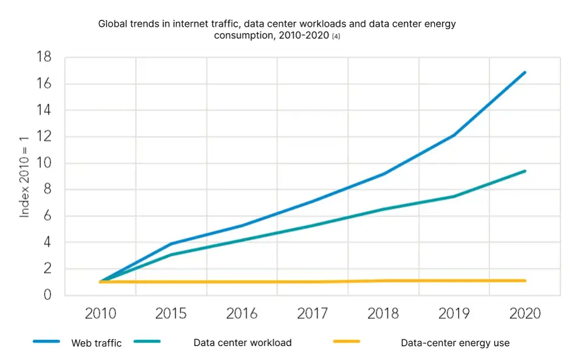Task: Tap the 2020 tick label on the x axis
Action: click(x=525, y=314)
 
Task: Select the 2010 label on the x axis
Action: click(x=100, y=314)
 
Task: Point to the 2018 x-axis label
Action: click(x=383, y=314)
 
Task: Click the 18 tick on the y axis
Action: click(x=44, y=58)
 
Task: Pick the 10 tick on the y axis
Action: click(x=44, y=163)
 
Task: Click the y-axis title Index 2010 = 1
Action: click(x=24, y=177)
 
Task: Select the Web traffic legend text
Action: click(x=97, y=343)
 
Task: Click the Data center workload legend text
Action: click(x=242, y=343)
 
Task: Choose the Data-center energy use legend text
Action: click(x=455, y=343)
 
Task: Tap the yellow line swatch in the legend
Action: click(x=346, y=342)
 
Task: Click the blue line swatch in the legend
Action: click(x=46, y=342)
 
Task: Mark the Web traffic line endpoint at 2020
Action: click(x=525, y=72)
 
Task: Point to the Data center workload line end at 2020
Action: click(x=525, y=171)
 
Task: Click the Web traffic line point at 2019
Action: click(x=454, y=135)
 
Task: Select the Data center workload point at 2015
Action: click(x=171, y=254)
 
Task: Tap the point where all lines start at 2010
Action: click(x=101, y=282)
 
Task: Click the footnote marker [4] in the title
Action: click(x=335, y=36)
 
